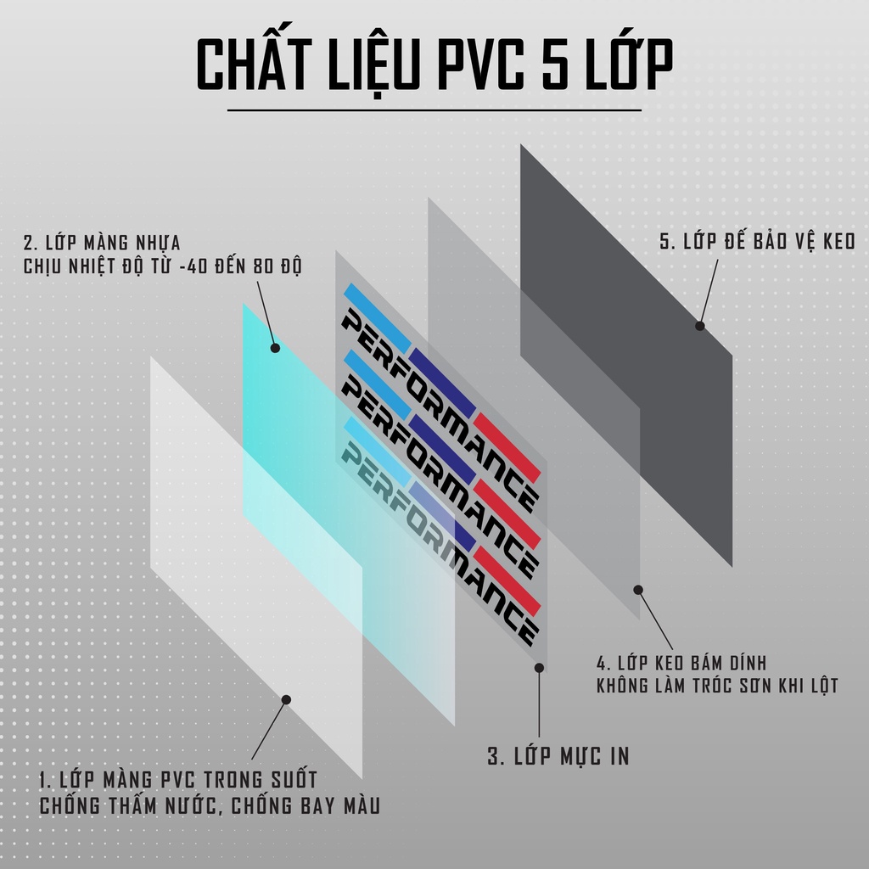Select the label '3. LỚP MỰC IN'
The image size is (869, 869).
[558, 756]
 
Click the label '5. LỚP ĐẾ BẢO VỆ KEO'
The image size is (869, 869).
[757, 242]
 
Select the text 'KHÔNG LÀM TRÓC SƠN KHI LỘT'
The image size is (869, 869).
[717, 685]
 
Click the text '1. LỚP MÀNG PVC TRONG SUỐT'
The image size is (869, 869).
[178, 779]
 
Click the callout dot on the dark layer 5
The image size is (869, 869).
[700, 325]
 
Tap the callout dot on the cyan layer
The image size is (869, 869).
[275, 347]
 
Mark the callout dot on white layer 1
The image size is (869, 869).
[286, 699]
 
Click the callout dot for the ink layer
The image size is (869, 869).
[539, 668]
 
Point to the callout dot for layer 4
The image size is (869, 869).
[638, 589]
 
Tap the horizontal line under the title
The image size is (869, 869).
[434, 110]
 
